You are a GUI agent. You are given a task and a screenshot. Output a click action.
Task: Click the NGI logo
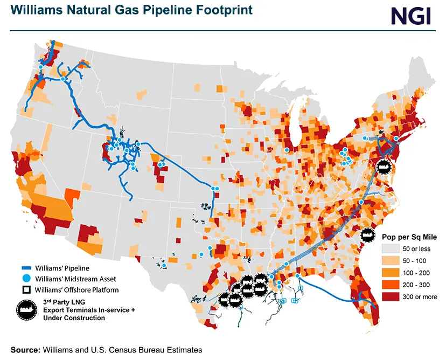(411, 15)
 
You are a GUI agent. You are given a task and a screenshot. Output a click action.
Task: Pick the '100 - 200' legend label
(416, 273)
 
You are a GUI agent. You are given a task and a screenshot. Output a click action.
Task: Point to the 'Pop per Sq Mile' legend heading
(409, 237)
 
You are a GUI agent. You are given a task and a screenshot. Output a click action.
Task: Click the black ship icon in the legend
(25, 309)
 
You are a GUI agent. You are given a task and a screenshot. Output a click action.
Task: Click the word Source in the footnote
(25, 350)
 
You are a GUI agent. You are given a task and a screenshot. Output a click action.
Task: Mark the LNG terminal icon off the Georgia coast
(368, 235)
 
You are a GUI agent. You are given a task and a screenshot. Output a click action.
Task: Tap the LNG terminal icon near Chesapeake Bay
(383, 167)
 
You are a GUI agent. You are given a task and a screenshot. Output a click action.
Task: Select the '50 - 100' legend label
(414, 261)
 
